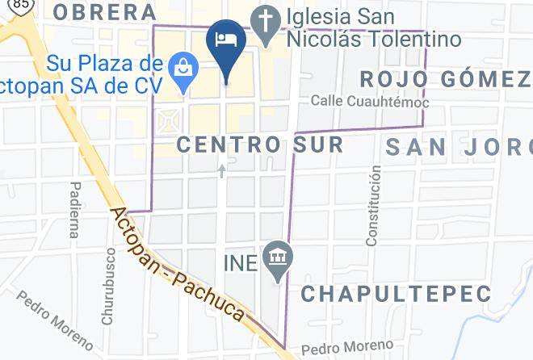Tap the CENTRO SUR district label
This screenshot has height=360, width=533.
(259, 145)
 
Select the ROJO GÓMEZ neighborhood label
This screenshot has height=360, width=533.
(445, 79)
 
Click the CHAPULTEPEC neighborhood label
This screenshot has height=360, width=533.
(396, 293)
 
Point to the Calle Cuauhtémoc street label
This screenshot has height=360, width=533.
(370, 102)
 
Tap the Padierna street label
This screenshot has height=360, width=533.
(75, 209)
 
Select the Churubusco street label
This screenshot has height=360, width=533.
(110, 275)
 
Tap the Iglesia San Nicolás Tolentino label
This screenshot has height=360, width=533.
(371, 27)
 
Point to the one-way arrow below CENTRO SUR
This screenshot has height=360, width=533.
(222, 171)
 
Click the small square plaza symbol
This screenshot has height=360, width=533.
(170, 123)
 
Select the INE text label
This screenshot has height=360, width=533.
(242, 262)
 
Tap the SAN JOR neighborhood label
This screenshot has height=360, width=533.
(457, 147)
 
